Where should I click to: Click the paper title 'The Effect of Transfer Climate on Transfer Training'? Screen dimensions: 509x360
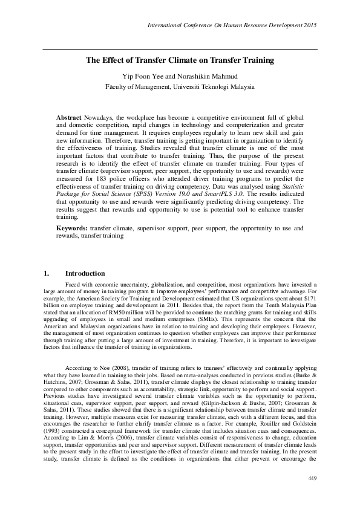(x=180, y=60)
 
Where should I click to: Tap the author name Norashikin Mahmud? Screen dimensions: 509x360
(x=206, y=76)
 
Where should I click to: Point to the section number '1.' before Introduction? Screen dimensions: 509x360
(x=47, y=273)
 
